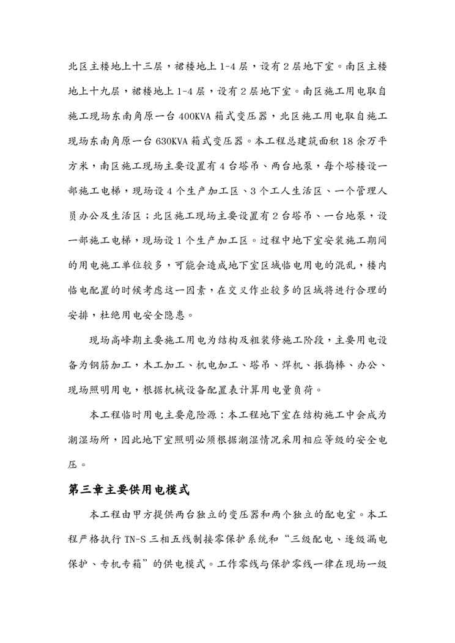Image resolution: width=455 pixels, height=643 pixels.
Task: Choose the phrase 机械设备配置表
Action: click(238, 389)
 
